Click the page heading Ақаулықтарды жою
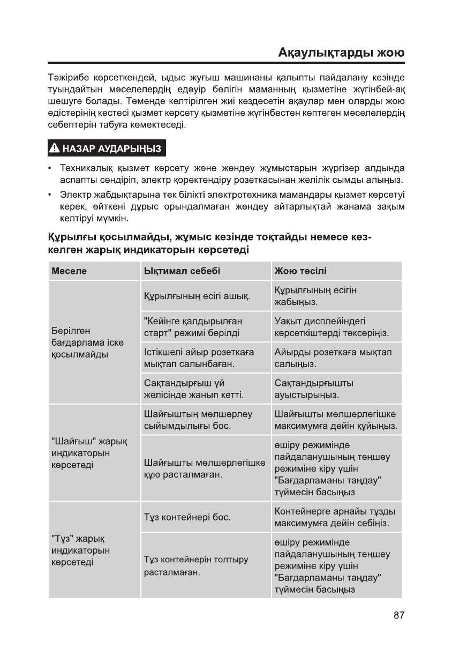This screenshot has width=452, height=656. [x=341, y=54]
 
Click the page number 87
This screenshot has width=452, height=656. [x=398, y=615]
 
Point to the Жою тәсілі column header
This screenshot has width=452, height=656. [x=300, y=271]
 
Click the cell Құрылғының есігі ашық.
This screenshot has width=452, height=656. [x=198, y=296]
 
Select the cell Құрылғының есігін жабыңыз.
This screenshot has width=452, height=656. [x=315, y=296]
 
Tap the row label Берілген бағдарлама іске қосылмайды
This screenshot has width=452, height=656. [x=78, y=342]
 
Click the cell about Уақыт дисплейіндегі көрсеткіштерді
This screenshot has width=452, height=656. [x=332, y=327]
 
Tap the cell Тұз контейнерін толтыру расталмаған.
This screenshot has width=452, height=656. [x=197, y=566]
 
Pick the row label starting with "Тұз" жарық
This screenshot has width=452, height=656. [x=80, y=550]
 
